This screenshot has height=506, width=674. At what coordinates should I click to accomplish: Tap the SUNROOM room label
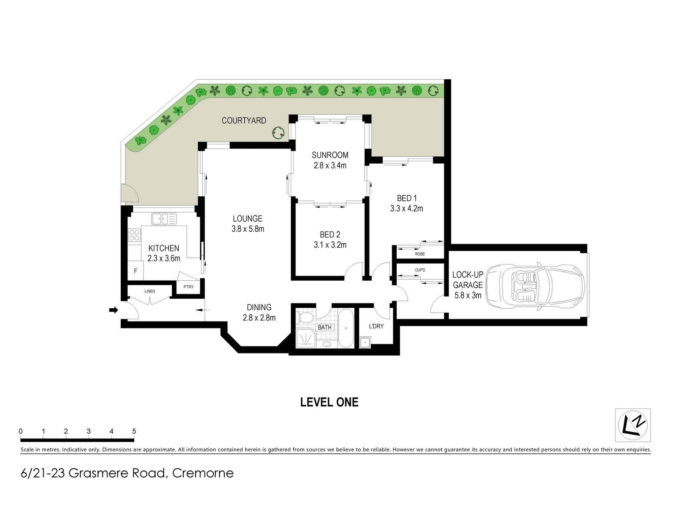click(330, 155)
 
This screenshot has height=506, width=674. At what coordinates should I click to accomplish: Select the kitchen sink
click(164, 219)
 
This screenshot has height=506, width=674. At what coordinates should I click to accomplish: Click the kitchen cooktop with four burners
click(134, 235)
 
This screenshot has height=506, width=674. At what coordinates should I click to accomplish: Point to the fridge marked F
click(135, 271)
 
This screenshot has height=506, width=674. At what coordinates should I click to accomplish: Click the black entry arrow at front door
click(114, 310)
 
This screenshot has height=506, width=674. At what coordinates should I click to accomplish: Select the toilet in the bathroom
click(305, 318)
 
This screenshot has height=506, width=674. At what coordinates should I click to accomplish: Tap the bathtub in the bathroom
click(345, 328)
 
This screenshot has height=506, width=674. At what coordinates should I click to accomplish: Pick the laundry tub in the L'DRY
click(365, 342)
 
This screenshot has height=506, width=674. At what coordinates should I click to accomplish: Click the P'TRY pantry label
click(188, 287)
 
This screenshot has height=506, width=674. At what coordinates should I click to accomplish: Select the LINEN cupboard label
click(150, 291)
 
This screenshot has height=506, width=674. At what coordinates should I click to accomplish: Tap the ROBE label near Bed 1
click(420, 254)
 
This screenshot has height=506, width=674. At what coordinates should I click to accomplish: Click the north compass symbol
click(633, 425)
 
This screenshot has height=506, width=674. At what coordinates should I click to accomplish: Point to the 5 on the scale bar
click(134, 431)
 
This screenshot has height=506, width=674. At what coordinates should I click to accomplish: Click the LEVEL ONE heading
click(329, 402)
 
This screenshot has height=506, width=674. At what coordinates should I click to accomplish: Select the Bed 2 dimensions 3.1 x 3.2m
click(330, 245)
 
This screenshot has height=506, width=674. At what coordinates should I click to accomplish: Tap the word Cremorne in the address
click(203, 473)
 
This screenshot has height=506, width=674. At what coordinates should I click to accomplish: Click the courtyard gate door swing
click(130, 194)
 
